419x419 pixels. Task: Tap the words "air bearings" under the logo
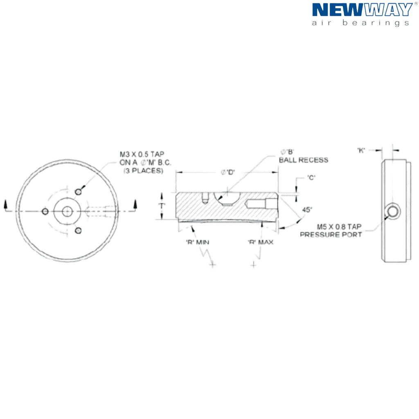(x=360, y=23)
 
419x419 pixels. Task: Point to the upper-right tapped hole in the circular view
(x=79, y=191)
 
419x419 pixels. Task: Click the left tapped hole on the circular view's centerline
(x=45, y=211)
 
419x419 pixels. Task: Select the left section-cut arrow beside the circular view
(x=5, y=204)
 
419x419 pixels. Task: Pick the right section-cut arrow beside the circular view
(x=135, y=204)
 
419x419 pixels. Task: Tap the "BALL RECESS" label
(x=304, y=160)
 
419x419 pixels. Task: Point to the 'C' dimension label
(x=312, y=178)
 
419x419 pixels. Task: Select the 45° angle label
(x=307, y=210)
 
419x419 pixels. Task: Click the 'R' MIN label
(x=198, y=242)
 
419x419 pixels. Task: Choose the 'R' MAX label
(x=260, y=242)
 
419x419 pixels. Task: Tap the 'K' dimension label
(x=361, y=150)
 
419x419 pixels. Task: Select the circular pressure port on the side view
(x=394, y=211)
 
